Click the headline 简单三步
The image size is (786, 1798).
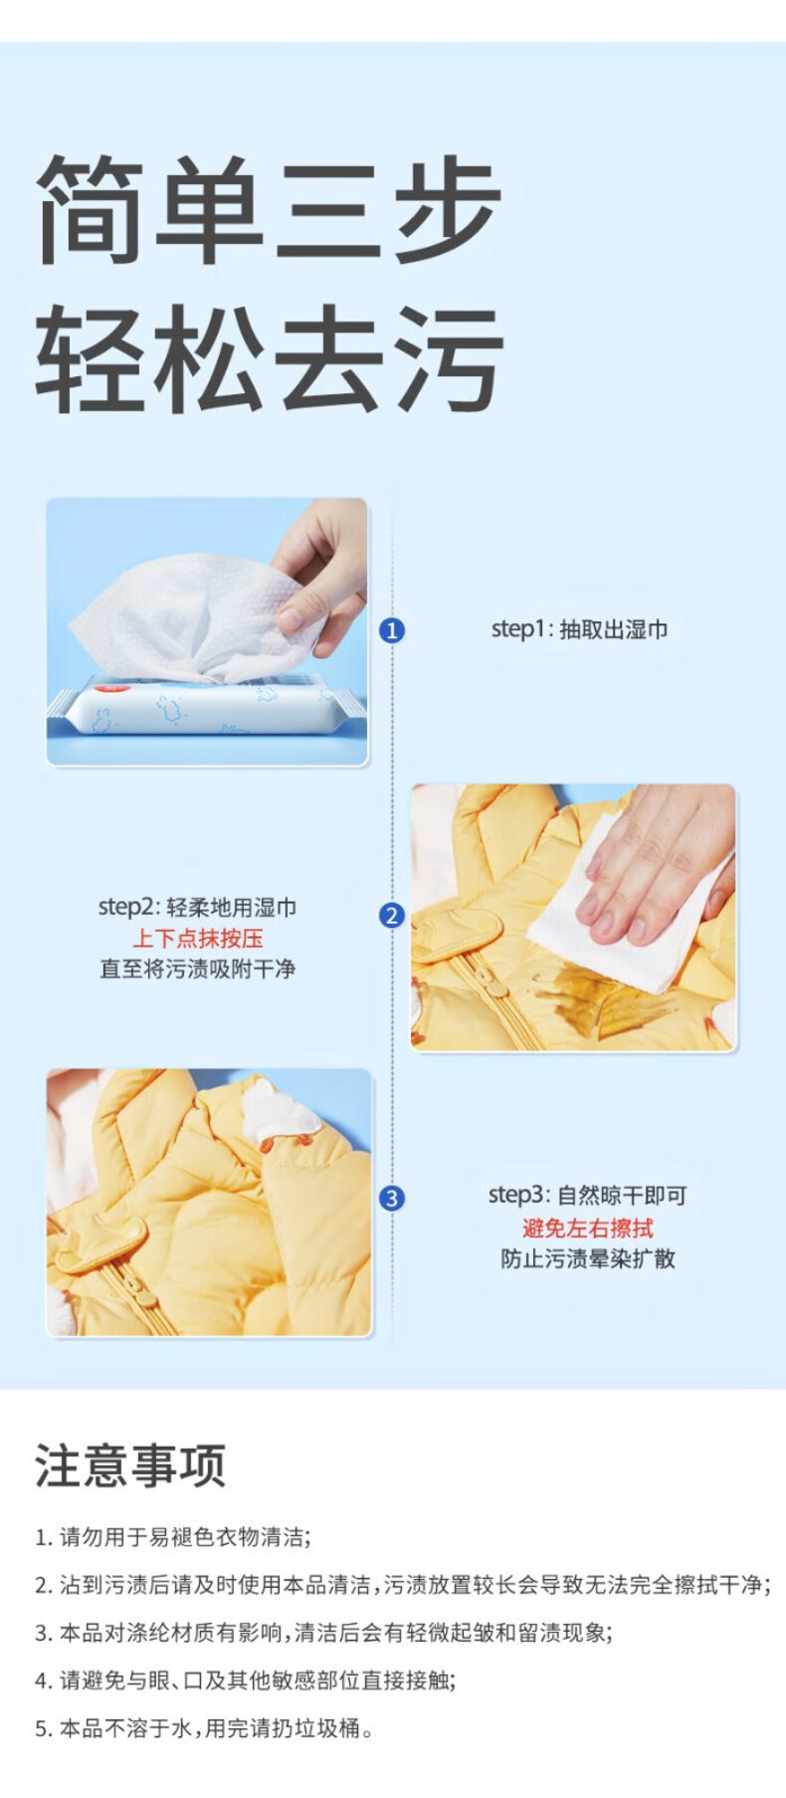pos(269,208)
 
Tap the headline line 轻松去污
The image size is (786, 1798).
pos(269,359)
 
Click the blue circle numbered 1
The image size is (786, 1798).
pos(392,630)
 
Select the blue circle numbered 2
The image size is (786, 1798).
pos(392,916)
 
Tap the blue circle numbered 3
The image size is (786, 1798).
pos(392,1199)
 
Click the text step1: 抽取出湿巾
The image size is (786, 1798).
pos(579,629)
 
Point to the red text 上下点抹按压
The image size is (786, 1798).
pos(198,938)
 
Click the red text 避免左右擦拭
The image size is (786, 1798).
pos(588,1228)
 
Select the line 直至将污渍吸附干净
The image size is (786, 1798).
pos(198,969)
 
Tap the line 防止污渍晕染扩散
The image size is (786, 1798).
pos(588,1258)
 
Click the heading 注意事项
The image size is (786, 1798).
pos(130,1465)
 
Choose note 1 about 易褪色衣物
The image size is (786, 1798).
pos(172,1537)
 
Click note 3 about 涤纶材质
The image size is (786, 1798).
pos(323,1633)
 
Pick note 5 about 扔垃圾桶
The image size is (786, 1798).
pos(205,1728)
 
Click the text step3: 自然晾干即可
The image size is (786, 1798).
pos(588,1196)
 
